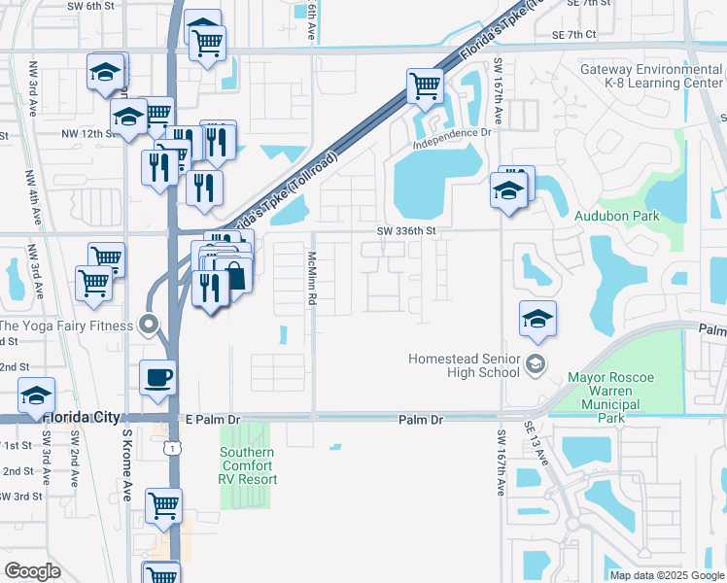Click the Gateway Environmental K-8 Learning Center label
click(650, 76)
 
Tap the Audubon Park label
click(616, 216)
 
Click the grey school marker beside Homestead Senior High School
click(534, 365)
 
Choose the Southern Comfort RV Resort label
click(248, 465)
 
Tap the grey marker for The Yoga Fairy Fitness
click(149, 325)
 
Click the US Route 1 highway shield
click(172, 448)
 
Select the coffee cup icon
click(157, 377)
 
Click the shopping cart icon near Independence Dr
click(425, 86)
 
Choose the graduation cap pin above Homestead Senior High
click(537, 320)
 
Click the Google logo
click(32, 571)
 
